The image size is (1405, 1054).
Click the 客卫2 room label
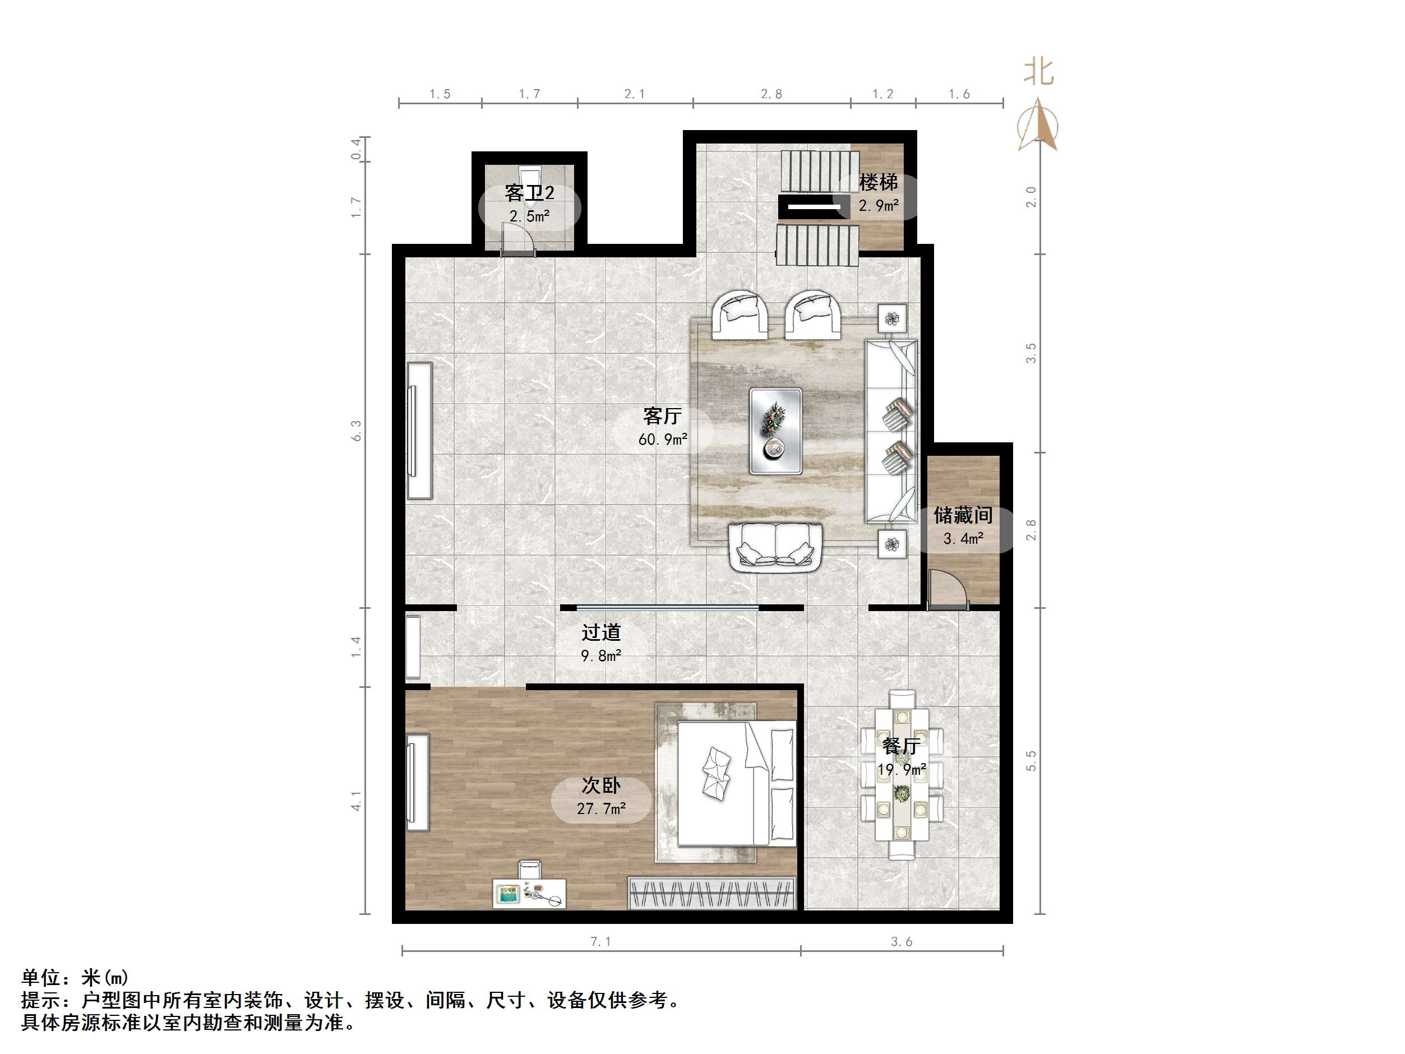tap(529, 192)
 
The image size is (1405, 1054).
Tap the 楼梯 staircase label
tap(879, 182)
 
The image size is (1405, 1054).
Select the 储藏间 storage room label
tap(963, 515)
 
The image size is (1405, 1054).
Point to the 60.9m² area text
tap(663, 439)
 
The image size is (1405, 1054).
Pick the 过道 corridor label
tap(601, 632)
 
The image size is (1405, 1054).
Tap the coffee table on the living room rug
tap(775, 431)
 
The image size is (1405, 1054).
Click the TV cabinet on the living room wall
tap(419, 431)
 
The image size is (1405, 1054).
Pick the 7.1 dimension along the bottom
tap(600, 941)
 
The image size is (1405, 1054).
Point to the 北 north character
tap(1038, 72)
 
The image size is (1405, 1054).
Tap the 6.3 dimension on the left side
tap(357, 430)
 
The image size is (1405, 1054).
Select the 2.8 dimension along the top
tap(771, 94)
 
